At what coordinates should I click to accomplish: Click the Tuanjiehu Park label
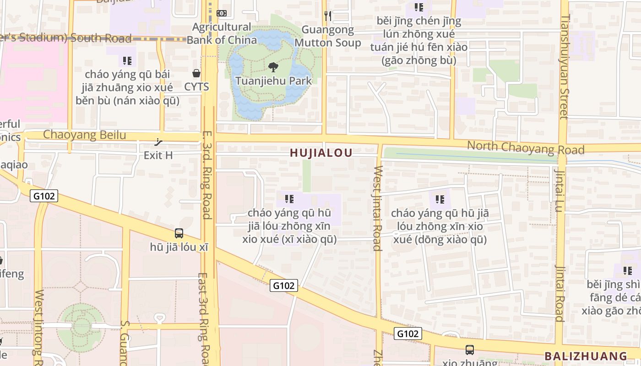[273, 81]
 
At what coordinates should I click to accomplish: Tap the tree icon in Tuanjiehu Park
[273, 68]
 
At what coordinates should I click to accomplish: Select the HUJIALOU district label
[321, 153]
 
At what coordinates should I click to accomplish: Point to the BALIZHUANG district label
[586, 356]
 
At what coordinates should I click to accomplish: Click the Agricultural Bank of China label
[222, 33]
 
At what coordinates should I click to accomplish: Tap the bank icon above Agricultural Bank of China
[222, 14]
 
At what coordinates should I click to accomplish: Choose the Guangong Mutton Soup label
[327, 36]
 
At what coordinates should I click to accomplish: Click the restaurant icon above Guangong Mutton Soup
[327, 16]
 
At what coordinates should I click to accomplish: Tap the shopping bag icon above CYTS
[196, 73]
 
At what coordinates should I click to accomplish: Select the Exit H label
[158, 155]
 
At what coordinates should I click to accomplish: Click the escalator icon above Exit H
[159, 142]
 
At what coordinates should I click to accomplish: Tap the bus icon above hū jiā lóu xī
[179, 233]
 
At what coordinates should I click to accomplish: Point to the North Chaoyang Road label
[526, 148]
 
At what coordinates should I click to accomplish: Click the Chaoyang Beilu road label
[85, 135]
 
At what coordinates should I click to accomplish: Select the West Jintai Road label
[377, 208]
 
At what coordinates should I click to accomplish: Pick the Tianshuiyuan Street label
[564, 66]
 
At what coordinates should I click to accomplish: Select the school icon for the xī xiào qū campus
[289, 199]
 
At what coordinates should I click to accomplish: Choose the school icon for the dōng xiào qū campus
[440, 199]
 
